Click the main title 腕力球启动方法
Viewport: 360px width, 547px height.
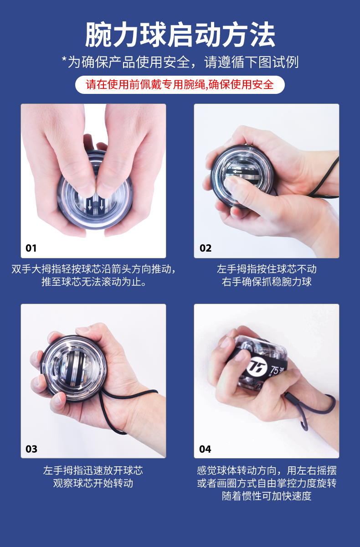180,35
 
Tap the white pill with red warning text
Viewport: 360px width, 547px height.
180,85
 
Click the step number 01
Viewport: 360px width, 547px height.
31,248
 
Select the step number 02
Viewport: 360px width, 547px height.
205,248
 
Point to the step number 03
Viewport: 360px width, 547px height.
31,449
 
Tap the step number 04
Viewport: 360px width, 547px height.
205,449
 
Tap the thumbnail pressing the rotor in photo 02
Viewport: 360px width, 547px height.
230,184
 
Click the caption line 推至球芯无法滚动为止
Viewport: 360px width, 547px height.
94,282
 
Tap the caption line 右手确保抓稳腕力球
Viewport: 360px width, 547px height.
267,282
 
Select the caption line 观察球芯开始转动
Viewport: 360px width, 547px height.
93,483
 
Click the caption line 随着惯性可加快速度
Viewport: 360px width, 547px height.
267,496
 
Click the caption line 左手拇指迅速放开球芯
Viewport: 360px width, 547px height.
93,470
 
